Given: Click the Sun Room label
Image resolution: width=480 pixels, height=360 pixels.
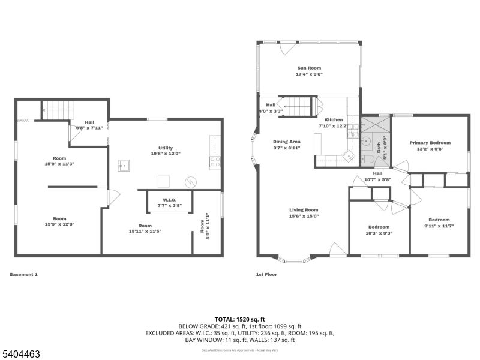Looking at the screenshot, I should [x=310, y=68].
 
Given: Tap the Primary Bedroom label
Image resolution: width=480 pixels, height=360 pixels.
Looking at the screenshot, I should [x=430, y=143].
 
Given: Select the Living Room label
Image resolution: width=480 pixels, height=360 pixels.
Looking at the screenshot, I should [x=302, y=210].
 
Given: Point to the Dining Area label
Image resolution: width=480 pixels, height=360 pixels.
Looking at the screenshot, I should [x=286, y=141].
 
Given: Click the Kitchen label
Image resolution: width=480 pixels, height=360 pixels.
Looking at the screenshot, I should [x=333, y=119].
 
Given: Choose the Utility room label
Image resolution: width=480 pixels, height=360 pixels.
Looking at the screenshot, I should [x=166, y=148].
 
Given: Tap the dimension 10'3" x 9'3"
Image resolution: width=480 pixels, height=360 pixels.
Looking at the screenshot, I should [x=379, y=233].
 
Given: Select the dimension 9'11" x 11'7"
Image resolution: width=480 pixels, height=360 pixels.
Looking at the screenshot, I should [x=439, y=226].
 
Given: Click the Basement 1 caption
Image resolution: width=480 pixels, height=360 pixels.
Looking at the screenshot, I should [x=23, y=274].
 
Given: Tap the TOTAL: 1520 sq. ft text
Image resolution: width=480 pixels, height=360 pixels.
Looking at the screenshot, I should [x=239, y=319].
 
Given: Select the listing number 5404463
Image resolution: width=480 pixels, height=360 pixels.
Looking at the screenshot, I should [x=20, y=354].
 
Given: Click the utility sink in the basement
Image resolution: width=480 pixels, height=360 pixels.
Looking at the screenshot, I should [x=125, y=166].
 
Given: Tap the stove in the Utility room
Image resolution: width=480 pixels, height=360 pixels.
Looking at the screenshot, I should [x=214, y=161].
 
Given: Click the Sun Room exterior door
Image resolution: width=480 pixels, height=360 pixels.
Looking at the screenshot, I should [x=288, y=47].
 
